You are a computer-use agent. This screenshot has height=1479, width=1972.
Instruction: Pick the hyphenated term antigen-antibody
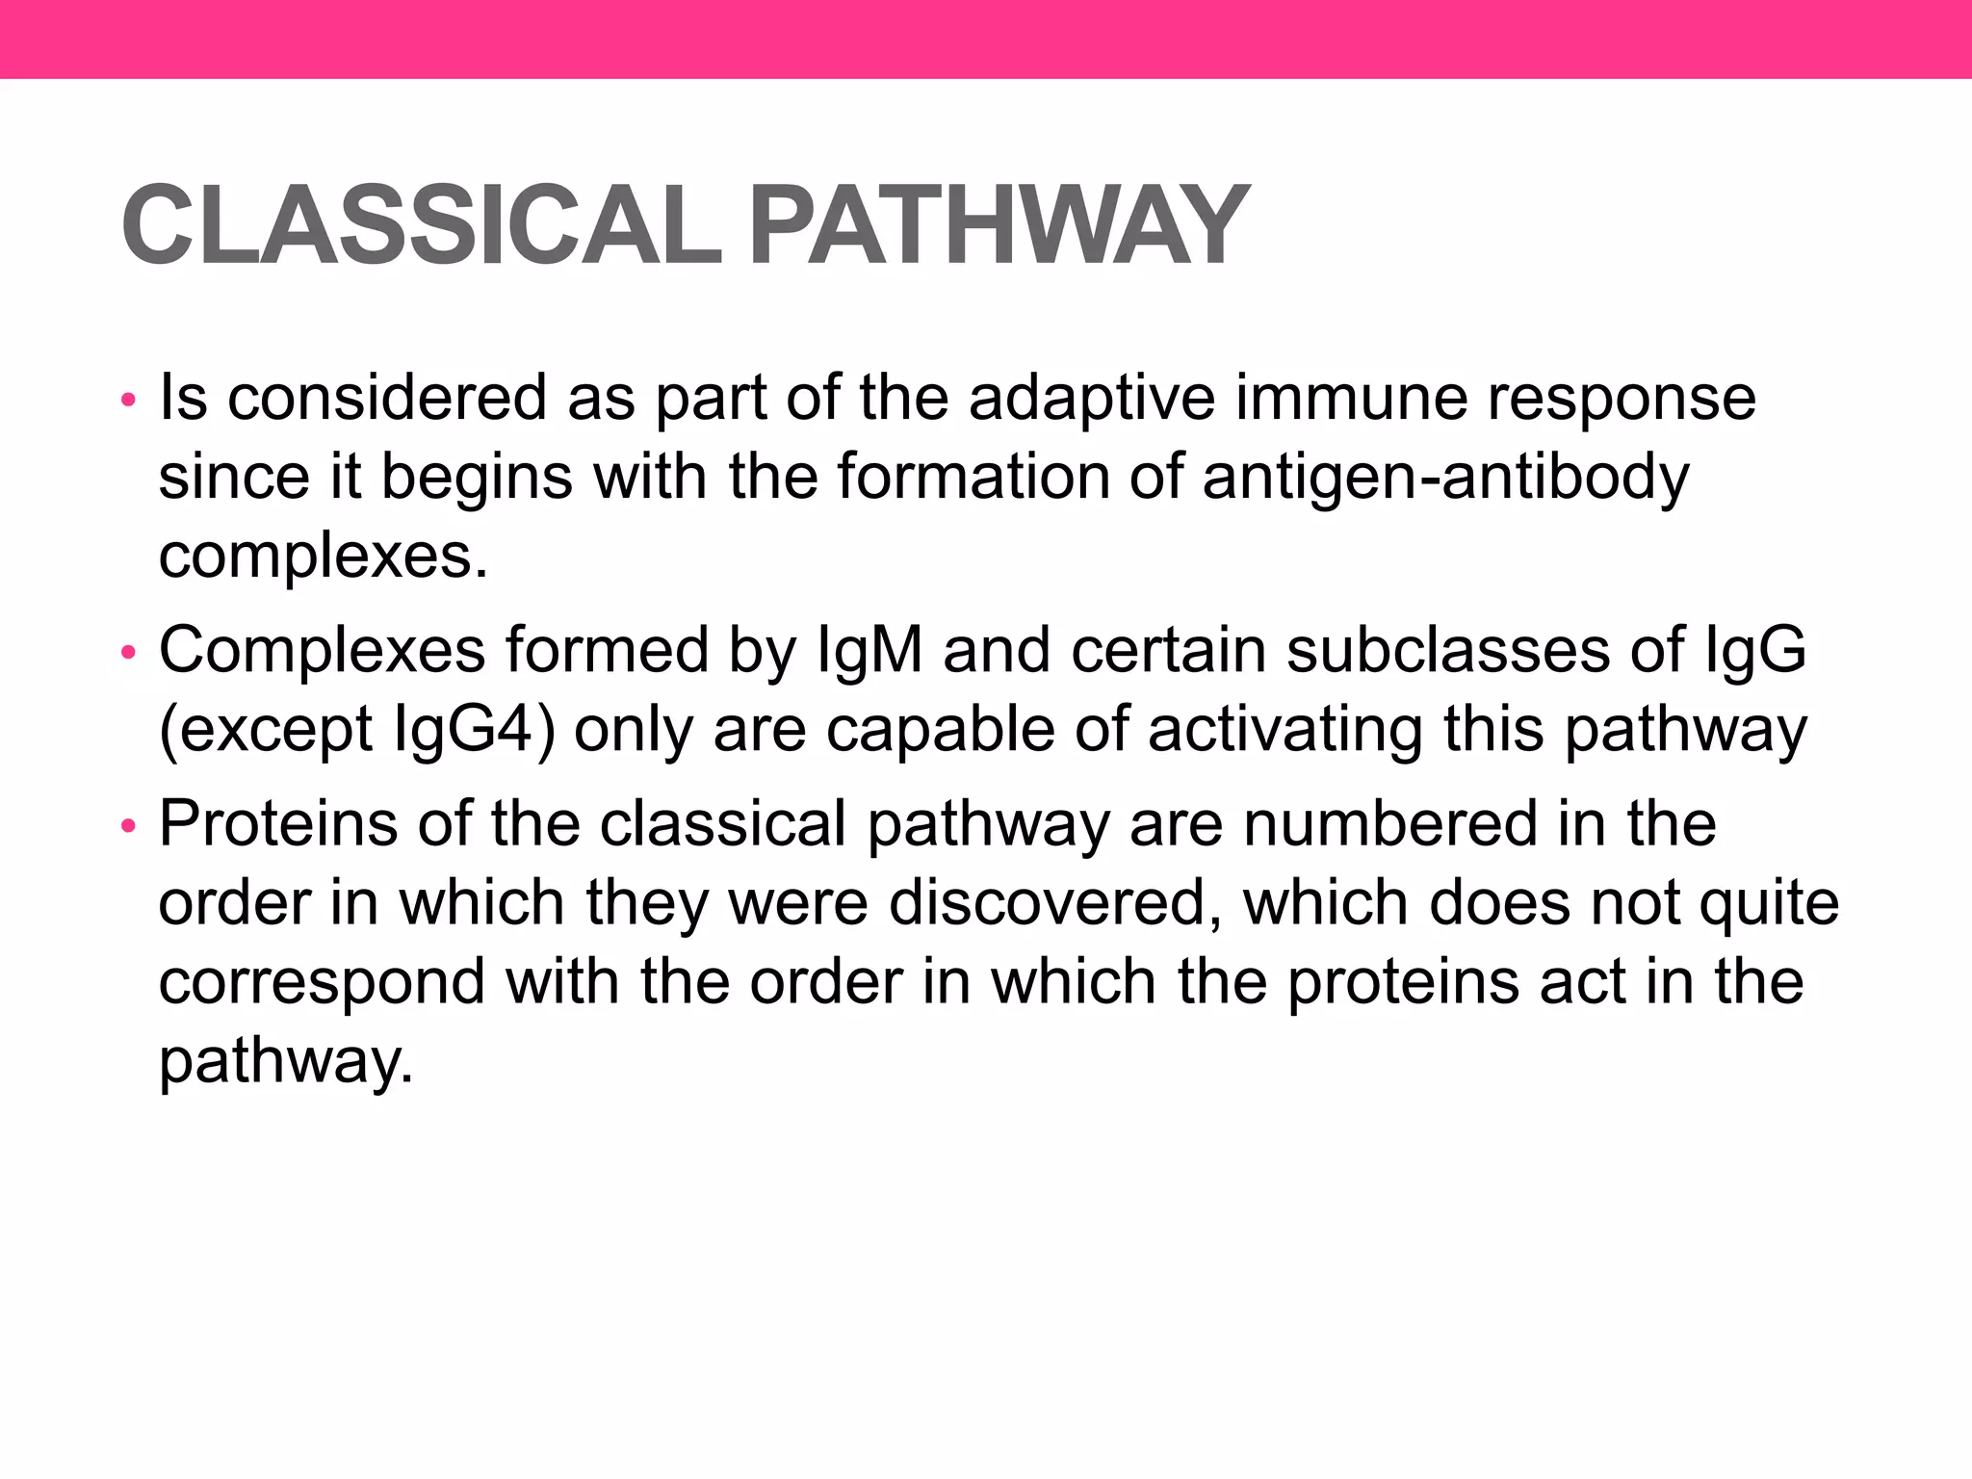1445,479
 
